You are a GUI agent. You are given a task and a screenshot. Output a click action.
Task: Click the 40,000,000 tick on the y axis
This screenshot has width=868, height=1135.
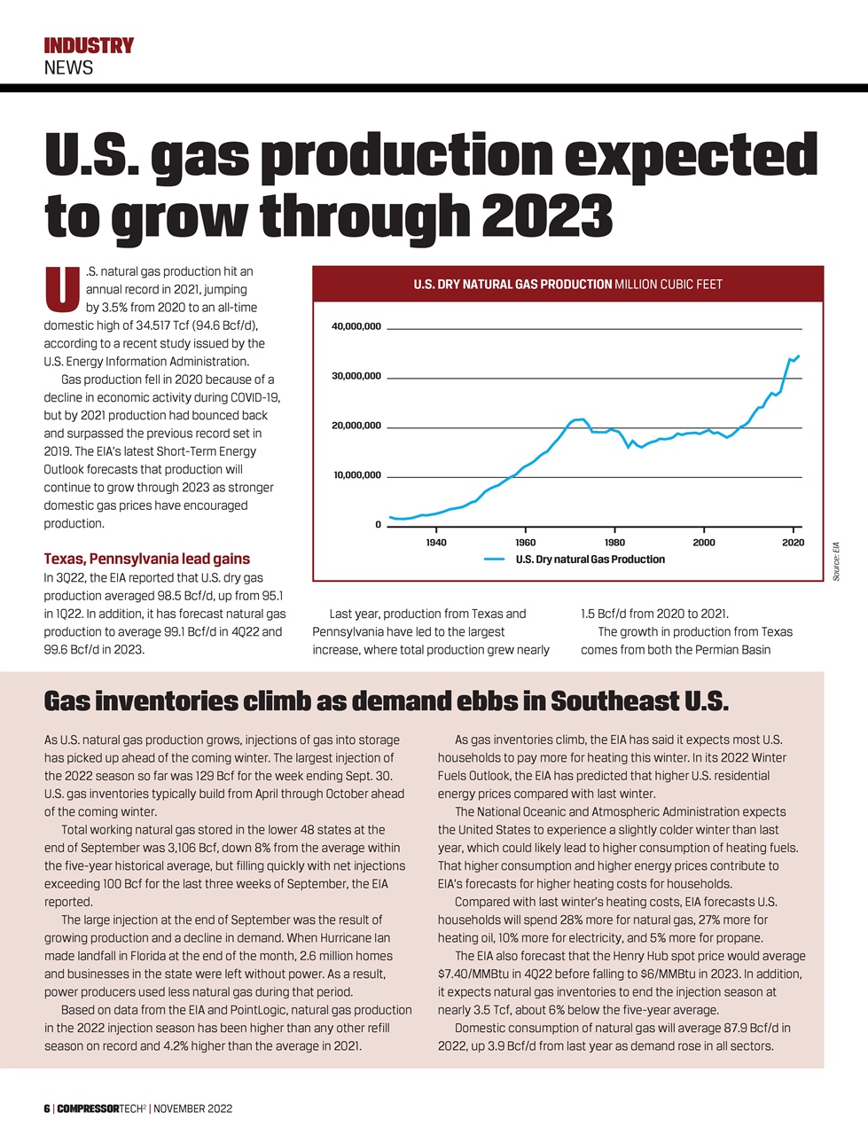coord(356,327)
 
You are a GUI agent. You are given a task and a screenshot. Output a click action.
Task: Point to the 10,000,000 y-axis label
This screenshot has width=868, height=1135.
coord(356,475)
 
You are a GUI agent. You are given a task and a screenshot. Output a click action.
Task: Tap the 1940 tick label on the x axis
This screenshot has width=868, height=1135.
coord(436,543)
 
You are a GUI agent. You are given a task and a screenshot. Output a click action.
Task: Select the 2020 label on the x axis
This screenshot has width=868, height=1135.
coord(793,543)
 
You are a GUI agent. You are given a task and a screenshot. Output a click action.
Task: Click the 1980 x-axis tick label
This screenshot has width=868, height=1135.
coord(614,543)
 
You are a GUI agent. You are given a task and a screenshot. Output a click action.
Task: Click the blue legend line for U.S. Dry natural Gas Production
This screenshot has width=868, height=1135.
coord(495,560)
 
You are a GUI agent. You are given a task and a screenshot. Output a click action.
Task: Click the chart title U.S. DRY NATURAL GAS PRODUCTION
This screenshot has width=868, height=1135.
coord(512,285)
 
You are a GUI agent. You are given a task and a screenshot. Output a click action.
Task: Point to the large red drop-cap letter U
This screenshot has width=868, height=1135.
coord(59,290)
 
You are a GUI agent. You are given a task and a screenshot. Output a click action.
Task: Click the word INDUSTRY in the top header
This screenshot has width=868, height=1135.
coord(89,45)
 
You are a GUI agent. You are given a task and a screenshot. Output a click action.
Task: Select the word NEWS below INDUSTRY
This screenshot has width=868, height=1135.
coord(68,67)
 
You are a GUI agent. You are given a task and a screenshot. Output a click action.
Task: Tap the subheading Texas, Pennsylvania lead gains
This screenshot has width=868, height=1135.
coord(146,559)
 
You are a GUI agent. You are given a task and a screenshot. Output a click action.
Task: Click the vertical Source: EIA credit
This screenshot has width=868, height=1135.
coord(835,561)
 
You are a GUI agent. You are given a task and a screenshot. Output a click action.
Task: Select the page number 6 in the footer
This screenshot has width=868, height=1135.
coord(47,1109)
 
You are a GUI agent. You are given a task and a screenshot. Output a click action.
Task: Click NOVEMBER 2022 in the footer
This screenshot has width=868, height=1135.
coord(193,1109)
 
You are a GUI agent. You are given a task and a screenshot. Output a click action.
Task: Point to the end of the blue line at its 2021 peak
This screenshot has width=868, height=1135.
coord(799,356)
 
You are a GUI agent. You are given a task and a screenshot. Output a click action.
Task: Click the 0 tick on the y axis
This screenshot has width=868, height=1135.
coord(378,525)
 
